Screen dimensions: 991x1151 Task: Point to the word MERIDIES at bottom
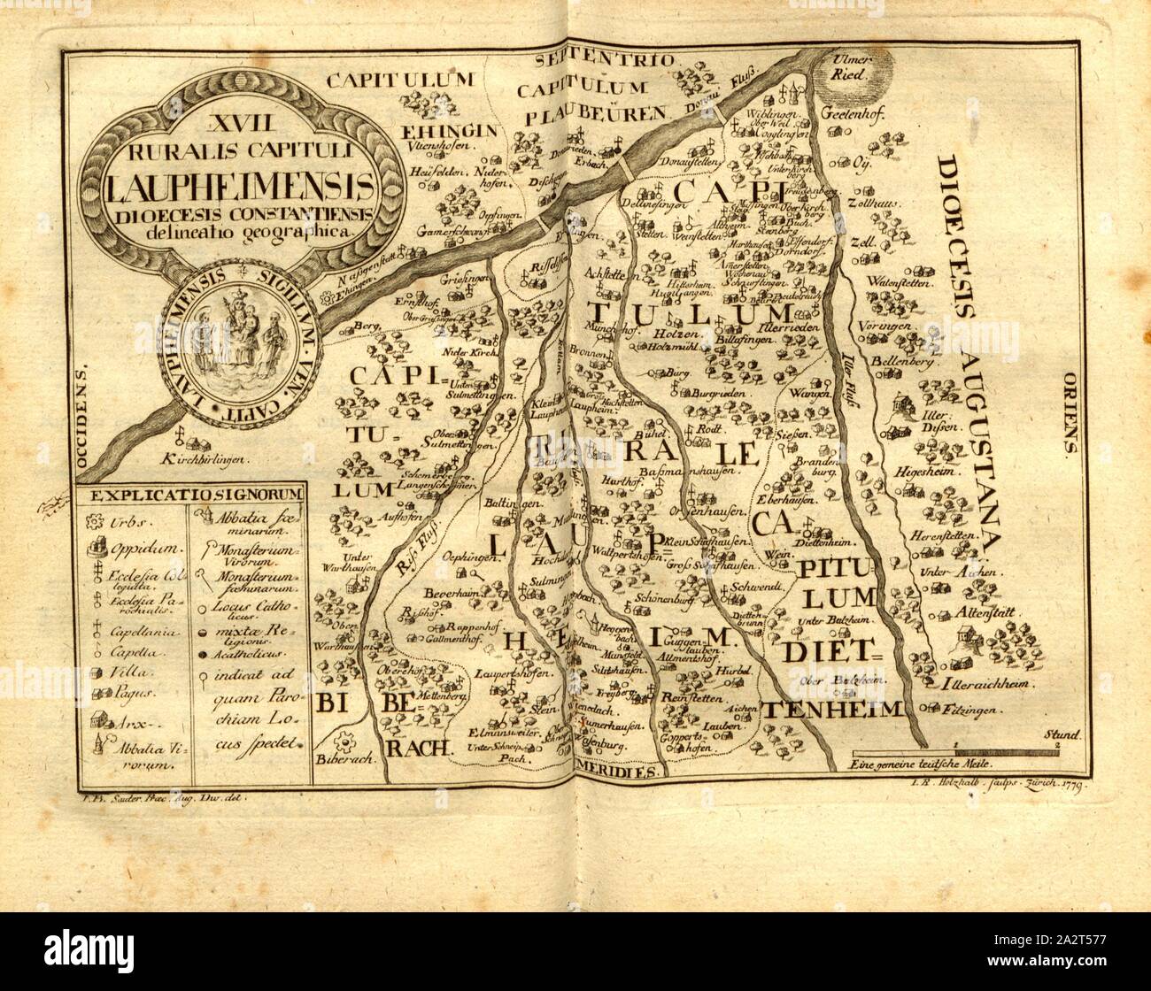[620, 770]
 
